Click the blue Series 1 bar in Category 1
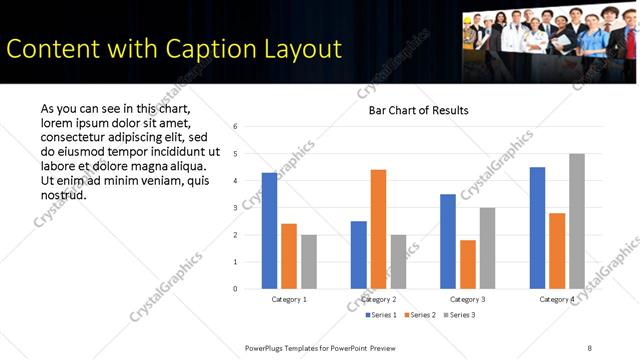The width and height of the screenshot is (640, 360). click(269, 231)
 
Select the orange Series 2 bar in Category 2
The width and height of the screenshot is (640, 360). click(378, 229)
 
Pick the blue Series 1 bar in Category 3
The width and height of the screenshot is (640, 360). click(448, 241)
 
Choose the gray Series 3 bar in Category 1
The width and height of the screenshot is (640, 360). click(309, 262)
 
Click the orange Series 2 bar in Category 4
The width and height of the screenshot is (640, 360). click(557, 251)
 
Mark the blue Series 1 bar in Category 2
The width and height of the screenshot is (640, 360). click(358, 255)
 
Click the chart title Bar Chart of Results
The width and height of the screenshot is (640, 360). click(412, 110)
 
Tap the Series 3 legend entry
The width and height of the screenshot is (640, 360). click(457, 315)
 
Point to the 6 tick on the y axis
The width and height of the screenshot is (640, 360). click(233, 127)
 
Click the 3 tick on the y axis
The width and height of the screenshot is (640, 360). click(233, 208)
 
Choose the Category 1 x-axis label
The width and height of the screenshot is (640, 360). click(289, 299)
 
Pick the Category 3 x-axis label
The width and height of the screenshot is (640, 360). click(468, 299)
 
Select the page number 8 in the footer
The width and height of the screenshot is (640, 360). click(589, 347)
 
